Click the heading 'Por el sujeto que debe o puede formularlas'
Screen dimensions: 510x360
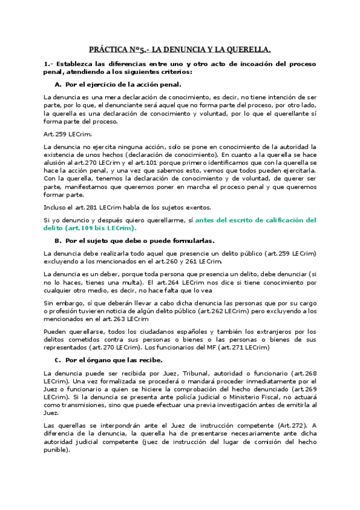pos(139,241)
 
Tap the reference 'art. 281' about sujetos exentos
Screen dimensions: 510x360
pos(76,207)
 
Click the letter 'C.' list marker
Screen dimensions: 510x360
pos(58,360)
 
